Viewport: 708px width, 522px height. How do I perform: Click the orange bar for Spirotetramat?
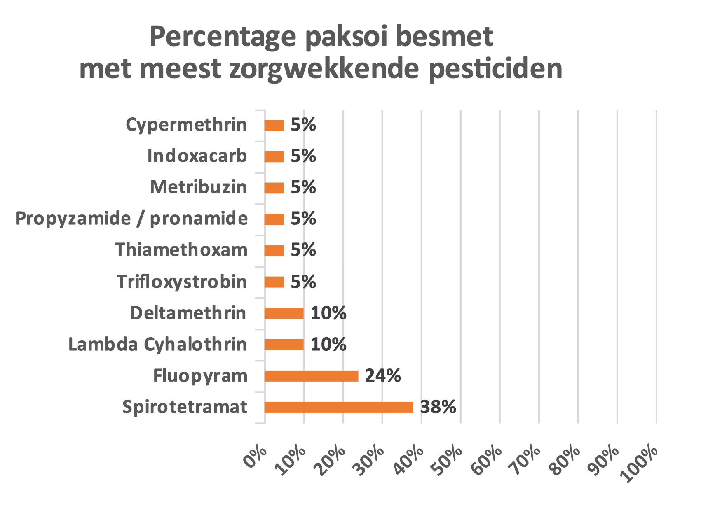click(x=338, y=407)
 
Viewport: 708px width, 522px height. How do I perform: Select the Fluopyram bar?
click(x=311, y=376)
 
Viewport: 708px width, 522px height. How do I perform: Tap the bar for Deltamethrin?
click(x=284, y=313)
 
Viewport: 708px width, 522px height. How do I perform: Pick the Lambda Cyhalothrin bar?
click(x=284, y=345)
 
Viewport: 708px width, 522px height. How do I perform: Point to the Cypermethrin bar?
click(x=274, y=125)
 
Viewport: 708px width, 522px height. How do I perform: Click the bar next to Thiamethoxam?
click(x=274, y=251)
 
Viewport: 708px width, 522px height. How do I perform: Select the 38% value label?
click(x=438, y=407)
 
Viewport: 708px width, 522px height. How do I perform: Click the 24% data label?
click(x=382, y=376)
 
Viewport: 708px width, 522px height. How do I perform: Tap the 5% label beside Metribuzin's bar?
click(x=303, y=188)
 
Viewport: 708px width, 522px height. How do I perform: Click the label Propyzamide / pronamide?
click(x=131, y=219)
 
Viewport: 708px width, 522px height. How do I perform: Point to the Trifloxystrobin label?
click(x=181, y=282)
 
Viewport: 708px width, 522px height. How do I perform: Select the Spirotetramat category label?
click(x=185, y=407)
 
